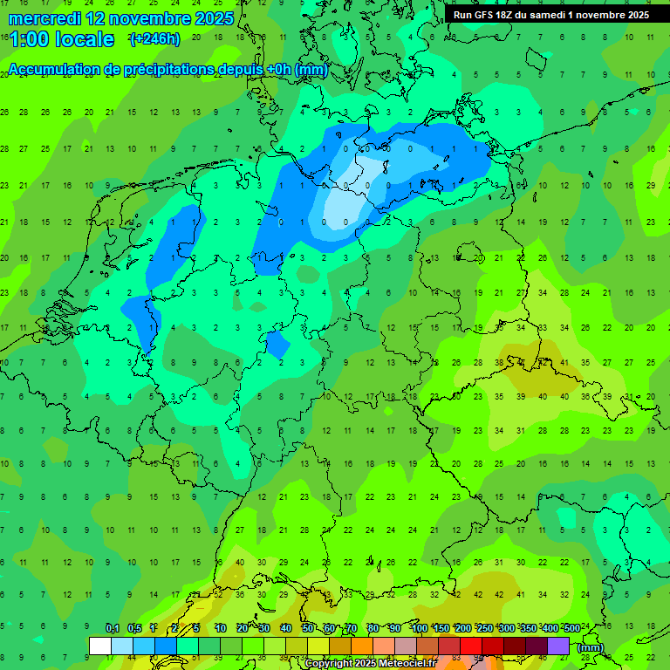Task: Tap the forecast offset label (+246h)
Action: pyautogui.click(x=154, y=39)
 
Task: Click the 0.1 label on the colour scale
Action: pyautogui.click(x=112, y=629)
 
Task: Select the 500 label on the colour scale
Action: pyautogui.click(x=571, y=629)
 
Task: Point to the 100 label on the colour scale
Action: pyautogui.click(x=420, y=629)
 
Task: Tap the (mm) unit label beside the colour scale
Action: pyautogui.click(x=591, y=647)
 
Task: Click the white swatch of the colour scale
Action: pyautogui.click(x=100, y=646)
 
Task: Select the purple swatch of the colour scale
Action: pyautogui.click(x=558, y=646)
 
